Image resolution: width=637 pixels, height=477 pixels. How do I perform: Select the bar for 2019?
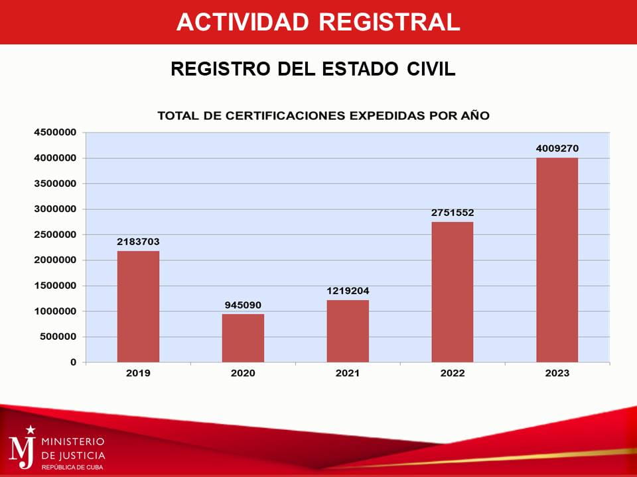[x=138, y=306]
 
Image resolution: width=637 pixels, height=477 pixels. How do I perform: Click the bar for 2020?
[x=243, y=338]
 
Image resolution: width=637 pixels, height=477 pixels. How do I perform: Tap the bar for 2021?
[x=348, y=331]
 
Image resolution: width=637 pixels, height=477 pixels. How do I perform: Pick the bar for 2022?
[x=453, y=291]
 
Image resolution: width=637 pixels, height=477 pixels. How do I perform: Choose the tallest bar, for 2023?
[x=557, y=260]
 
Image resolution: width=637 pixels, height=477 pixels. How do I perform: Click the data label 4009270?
[x=557, y=148]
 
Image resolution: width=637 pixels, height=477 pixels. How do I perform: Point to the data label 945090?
[x=243, y=305]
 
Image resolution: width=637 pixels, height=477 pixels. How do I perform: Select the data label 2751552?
[x=453, y=213]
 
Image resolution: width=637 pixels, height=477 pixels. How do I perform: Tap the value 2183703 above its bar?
[x=138, y=242]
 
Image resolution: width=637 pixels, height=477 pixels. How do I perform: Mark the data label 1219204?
[x=348, y=291]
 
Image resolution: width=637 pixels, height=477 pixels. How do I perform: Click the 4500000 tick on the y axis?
[x=55, y=132]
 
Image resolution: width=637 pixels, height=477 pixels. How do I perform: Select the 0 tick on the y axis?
[x=74, y=362]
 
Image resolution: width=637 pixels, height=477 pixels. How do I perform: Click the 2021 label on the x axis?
[x=348, y=374]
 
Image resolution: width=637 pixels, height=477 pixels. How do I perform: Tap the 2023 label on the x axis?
[x=557, y=374]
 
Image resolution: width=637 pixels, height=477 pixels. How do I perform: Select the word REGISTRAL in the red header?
[x=389, y=22]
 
